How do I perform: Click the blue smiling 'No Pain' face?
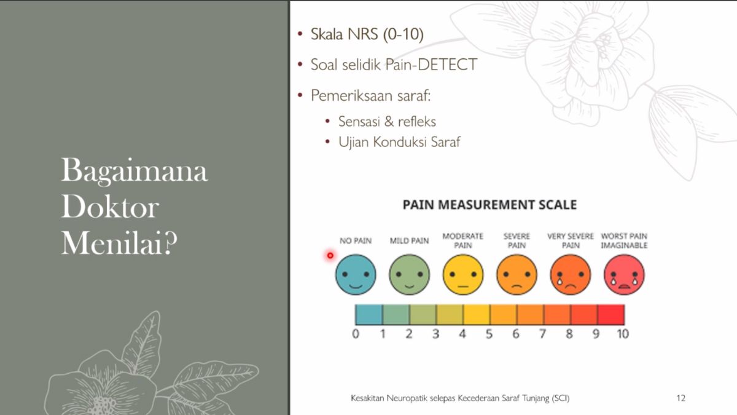356,274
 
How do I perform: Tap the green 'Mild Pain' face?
409,274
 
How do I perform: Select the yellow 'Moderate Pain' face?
463,274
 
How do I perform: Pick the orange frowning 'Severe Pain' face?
517,274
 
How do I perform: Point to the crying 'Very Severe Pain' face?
571,274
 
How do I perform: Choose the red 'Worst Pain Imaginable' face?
624,274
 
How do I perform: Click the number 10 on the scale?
623,334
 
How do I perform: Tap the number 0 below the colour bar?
356,334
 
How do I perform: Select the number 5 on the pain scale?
489,334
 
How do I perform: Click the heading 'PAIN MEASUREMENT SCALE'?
490,205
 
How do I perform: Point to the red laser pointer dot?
330,255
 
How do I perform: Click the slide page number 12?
680,398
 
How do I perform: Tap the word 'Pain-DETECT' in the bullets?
431,64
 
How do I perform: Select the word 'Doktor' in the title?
110,207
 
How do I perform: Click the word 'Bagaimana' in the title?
135,171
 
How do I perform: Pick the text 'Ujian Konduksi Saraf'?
399,142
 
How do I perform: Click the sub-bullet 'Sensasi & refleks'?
388,122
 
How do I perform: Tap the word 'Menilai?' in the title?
119,243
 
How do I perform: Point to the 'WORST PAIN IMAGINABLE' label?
624,241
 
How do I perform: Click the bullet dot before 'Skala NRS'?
300,34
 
